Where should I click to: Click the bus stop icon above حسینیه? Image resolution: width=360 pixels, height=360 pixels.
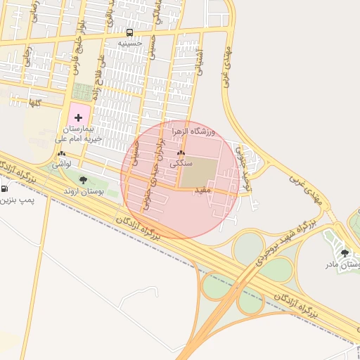tap(129, 32)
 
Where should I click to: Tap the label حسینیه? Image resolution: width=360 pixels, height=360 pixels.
tap(129, 43)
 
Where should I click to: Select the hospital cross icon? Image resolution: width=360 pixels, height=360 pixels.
tap(78, 117)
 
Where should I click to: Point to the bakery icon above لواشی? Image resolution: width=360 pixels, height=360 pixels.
tap(62, 153)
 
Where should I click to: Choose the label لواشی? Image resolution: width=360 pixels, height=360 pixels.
tap(62, 163)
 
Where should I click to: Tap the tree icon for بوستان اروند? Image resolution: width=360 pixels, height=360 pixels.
tap(83, 180)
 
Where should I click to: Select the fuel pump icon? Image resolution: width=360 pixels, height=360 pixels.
tap(5, 188)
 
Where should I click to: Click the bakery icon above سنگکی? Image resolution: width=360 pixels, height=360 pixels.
tap(181, 153)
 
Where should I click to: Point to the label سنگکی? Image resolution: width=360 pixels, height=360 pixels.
tap(181, 162)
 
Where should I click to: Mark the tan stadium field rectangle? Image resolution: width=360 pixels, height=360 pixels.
tap(200, 172)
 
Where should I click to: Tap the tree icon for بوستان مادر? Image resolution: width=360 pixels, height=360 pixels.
tap(344, 253)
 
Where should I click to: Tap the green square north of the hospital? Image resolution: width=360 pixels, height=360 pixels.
tap(82, 91)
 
